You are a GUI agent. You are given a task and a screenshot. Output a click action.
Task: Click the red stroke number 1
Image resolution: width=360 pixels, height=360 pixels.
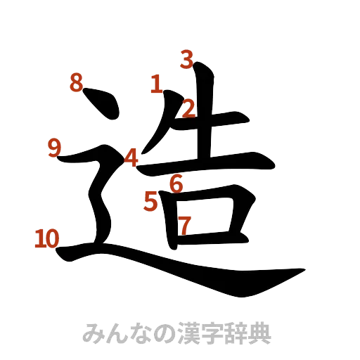coord(156,85)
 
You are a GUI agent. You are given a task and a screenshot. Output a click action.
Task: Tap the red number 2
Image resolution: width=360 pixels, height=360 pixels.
coord(188,108)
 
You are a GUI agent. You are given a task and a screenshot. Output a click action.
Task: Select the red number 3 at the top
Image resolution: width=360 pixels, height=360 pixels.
coord(186,59)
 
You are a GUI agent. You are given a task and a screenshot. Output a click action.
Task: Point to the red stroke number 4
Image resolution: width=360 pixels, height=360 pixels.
coord(131,157)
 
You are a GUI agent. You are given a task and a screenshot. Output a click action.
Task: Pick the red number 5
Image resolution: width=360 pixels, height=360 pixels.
coord(150,201)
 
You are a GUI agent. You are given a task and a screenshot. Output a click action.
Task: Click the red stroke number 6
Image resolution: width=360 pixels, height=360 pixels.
coord(176,184)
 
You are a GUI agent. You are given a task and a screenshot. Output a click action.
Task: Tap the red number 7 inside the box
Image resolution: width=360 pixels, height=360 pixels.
coord(184,226)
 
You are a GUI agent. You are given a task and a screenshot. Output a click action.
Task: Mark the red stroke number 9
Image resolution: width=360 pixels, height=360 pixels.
coord(54,148)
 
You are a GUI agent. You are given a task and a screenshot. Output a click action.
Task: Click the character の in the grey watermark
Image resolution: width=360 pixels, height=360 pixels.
coord(156,331)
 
